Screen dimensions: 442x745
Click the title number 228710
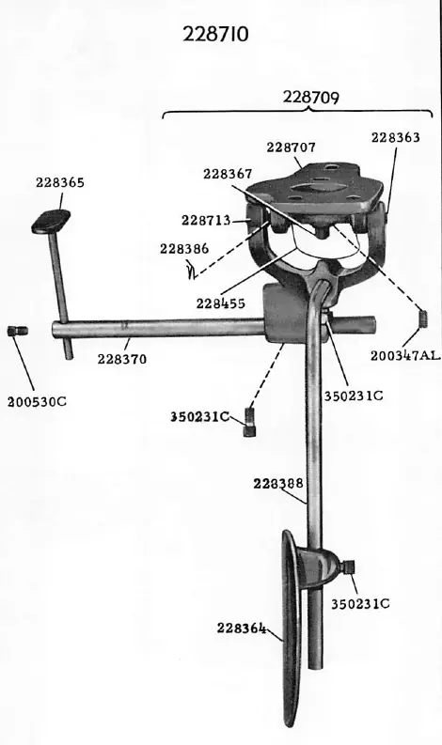tap(215, 35)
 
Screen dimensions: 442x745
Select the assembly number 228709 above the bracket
tap(311, 98)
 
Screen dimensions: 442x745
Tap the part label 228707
tap(291, 147)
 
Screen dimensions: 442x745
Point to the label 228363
tap(395, 138)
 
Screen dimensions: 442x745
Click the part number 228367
tap(228, 175)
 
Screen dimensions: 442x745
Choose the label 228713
tap(206, 221)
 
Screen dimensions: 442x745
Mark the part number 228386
tap(184, 249)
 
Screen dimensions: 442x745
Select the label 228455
tap(220, 303)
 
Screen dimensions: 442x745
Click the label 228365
tap(60, 182)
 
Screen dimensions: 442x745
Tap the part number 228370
tap(122, 359)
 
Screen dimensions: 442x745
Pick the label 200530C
tap(37, 402)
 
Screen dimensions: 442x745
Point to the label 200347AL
tap(405, 355)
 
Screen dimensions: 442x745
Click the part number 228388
tap(277, 484)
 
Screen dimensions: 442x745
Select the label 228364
tap(242, 629)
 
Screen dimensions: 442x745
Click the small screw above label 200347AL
tap(424, 318)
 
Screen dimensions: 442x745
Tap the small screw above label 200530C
tap(18, 331)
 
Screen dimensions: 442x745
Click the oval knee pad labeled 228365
tap(51, 222)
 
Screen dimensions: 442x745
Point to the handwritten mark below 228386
tap(192, 270)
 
